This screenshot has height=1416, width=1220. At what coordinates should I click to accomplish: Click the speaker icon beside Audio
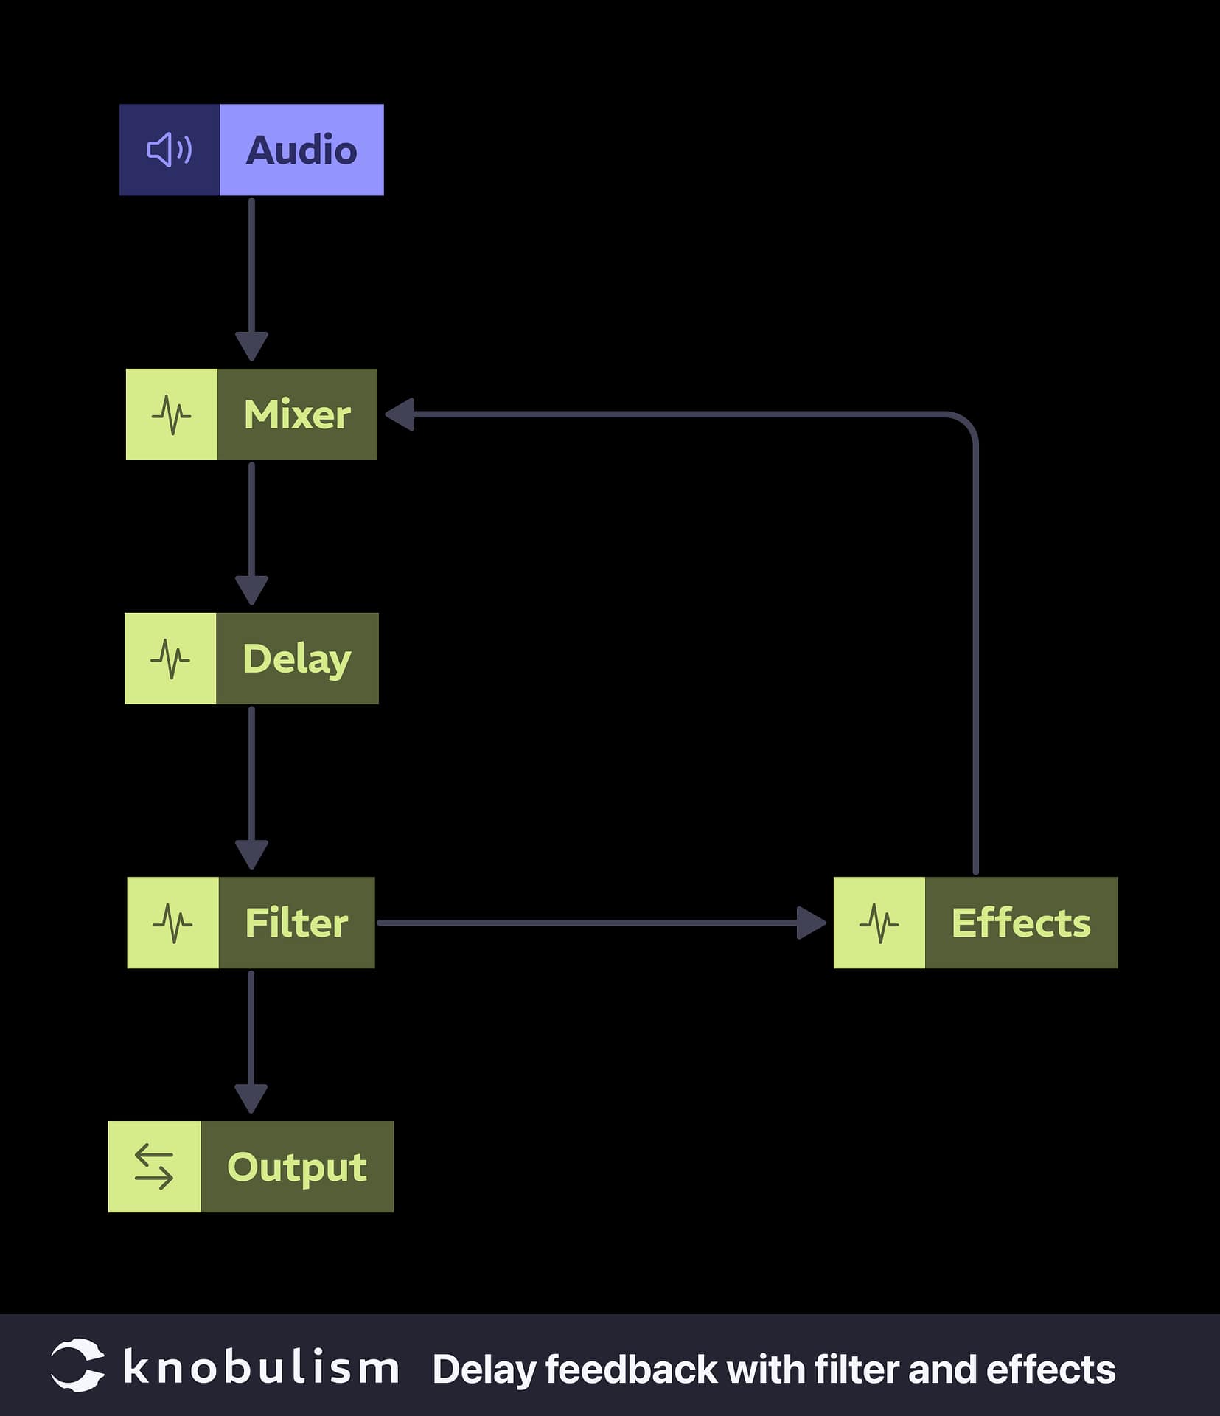(170, 150)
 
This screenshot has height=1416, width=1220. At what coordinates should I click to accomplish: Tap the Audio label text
(301, 150)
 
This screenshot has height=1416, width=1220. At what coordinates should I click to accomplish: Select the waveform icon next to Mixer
(171, 414)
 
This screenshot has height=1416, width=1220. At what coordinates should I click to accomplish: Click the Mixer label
(297, 414)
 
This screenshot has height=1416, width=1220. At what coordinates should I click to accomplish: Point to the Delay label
(296, 659)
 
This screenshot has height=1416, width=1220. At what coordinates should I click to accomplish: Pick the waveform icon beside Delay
(170, 659)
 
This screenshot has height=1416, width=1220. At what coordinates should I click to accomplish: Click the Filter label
(296, 923)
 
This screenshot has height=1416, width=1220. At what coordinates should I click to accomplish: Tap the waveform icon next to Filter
(172, 923)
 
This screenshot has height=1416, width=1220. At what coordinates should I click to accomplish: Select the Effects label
(1020, 923)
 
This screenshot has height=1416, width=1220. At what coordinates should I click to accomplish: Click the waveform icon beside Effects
(879, 923)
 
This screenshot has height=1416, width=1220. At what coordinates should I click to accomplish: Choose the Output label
(296, 1167)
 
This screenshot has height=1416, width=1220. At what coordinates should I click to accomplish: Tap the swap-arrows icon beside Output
(154, 1167)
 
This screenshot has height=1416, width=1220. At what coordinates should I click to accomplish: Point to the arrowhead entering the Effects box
(811, 923)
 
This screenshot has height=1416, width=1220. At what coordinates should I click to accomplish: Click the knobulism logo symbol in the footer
(77, 1365)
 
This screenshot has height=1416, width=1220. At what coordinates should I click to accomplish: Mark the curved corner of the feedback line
(966, 424)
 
